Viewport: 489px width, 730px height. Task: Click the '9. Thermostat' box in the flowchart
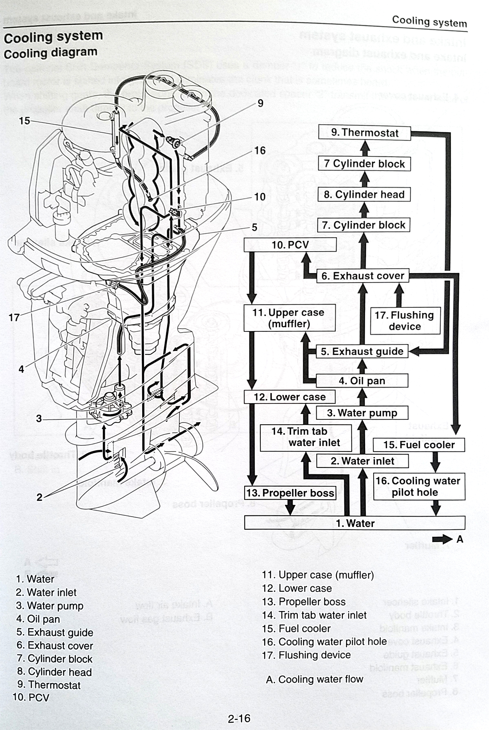click(364, 133)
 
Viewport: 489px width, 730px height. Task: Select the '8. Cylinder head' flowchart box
click(364, 195)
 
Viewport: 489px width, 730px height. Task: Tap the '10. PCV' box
click(290, 245)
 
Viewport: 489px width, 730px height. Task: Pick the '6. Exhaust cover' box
click(363, 276)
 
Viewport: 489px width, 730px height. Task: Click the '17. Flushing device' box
click(405, 321)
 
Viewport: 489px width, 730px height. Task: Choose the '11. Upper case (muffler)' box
click(289, 318)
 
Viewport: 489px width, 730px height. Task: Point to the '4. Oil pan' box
click(362, 381)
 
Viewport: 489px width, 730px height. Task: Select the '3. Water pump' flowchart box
click(362, 413)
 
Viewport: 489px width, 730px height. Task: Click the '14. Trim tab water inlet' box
click(306, 437)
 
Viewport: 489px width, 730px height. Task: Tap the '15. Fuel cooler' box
click(419, 445)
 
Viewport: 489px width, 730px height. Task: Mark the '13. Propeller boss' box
click(290, 493)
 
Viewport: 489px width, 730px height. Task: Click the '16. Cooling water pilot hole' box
click(419, 487)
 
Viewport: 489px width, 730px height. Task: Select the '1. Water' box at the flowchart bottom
click(355, 523)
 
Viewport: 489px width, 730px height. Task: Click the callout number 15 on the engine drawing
click(24, 121)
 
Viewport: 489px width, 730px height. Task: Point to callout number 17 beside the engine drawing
click(14, 318)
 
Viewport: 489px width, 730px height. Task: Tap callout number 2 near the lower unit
click(39, 497)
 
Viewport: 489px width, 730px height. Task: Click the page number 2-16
click(239, 719)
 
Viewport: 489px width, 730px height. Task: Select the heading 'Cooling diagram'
click(51, 53)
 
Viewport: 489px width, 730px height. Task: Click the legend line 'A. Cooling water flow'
click(314, 679)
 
